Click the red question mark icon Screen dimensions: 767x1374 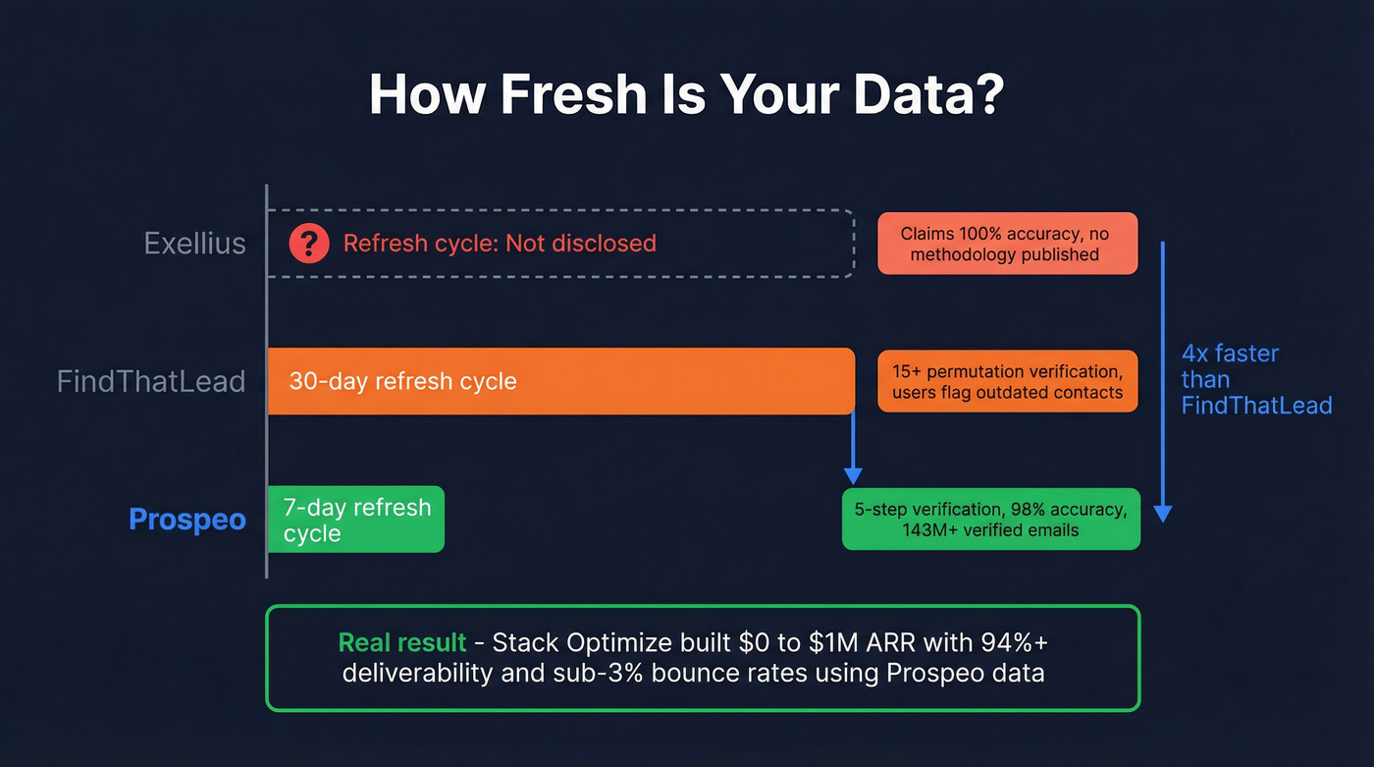click(x=309, y=243)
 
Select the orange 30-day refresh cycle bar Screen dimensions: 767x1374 click(x=559, y=381)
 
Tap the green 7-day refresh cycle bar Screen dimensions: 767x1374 click(x=356, y=520)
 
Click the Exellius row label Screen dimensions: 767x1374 click(x=194, y=243)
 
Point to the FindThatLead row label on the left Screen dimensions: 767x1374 click(x=151, y=381)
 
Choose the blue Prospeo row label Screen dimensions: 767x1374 click(x=187, y=519)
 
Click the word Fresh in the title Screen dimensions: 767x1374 click(x=573, y=95)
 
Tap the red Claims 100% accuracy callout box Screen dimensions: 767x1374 click(x=1007, y=244)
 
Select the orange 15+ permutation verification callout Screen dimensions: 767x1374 click(x=1007, y=381)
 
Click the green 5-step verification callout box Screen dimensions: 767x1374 click(x=990, y=519)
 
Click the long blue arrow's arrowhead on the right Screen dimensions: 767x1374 click(x=1163, y=513)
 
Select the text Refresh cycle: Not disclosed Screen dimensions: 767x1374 click(x=499, y=243)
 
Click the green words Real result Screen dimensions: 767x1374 click(x=401, y=643)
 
